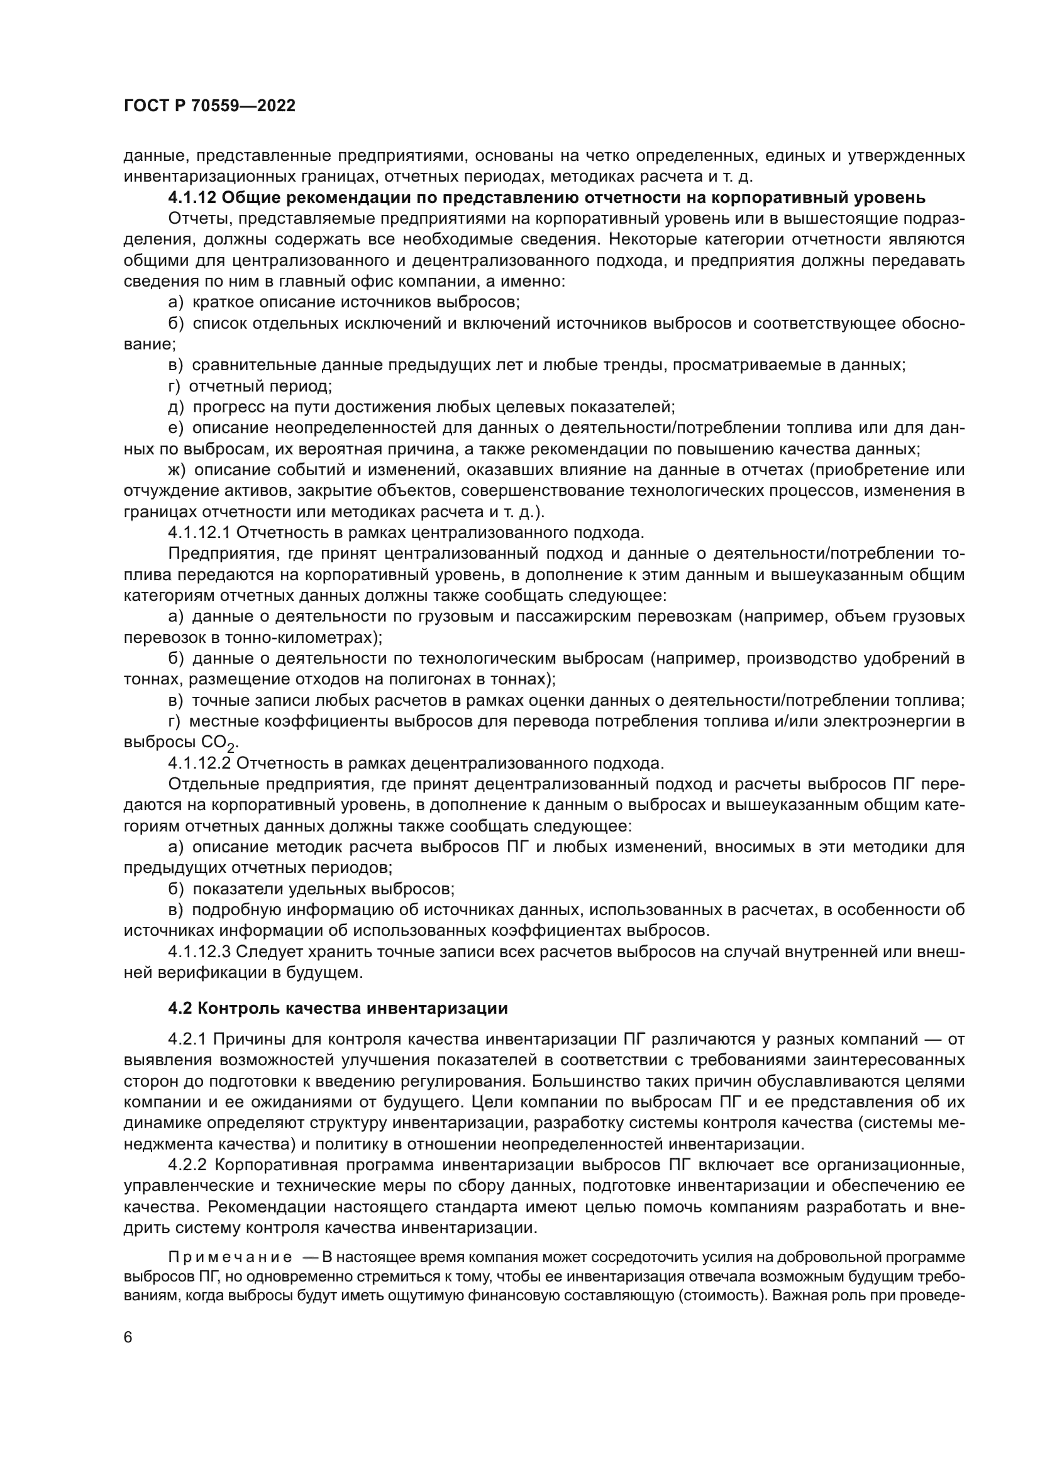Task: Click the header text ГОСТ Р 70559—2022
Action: [x=209, y=106]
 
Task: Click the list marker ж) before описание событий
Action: [x=177, y=470]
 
